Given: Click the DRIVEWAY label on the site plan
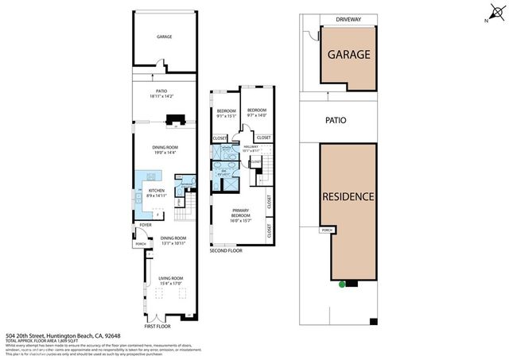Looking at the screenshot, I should (347, 19).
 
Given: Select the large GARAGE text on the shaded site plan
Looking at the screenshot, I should (347, 55).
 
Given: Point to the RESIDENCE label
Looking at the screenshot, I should (347, 195).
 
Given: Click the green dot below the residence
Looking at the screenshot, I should (342, 285).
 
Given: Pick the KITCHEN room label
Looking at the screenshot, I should (156, 191).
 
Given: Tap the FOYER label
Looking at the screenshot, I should (145, 225).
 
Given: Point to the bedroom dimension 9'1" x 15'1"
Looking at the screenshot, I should (227, 115).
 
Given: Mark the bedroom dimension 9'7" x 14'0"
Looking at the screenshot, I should (256, 115).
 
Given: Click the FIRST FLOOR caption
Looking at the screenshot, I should (157, 327).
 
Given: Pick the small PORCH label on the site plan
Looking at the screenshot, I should (326, 231).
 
